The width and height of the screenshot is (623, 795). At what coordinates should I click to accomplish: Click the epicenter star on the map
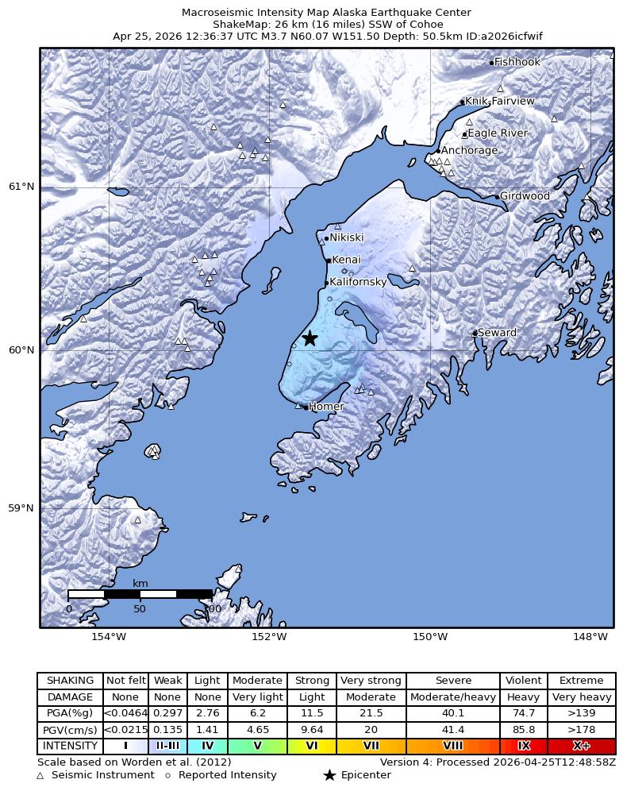point(310,338)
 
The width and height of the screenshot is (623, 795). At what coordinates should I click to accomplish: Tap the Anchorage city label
point(469,150)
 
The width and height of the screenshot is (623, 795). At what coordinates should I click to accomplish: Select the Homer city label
point(326,407)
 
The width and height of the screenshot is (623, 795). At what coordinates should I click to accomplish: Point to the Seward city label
point(497,333)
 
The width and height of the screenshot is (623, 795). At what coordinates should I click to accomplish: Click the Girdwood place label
point(525,196)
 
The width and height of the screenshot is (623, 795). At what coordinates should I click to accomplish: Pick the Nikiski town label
point(347,237)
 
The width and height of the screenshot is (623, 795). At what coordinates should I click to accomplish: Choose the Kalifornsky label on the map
point(358,282)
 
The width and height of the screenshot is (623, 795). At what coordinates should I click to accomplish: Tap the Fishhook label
point(517,62)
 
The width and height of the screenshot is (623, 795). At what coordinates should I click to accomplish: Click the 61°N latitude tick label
point(21,187)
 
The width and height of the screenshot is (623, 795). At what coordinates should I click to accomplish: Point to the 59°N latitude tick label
point(21,508)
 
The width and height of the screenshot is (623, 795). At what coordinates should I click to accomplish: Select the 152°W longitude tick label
point(269,637)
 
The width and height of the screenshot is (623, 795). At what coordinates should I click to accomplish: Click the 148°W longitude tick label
point(590,637)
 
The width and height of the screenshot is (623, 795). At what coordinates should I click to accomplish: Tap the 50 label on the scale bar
point(140,609)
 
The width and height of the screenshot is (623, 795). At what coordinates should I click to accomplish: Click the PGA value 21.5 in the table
point(371,713)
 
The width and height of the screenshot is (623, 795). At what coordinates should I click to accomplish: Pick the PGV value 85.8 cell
point(524,730)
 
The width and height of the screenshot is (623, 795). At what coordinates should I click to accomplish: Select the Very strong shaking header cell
point(371,681)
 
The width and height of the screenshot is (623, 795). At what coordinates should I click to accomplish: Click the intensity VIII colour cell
point(453,746)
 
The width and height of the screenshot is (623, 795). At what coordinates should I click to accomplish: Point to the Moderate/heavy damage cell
point(453,697)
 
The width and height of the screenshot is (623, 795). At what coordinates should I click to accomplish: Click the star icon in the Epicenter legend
point(329,775)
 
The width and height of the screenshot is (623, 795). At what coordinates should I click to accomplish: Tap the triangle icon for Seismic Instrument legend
point(40,775)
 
